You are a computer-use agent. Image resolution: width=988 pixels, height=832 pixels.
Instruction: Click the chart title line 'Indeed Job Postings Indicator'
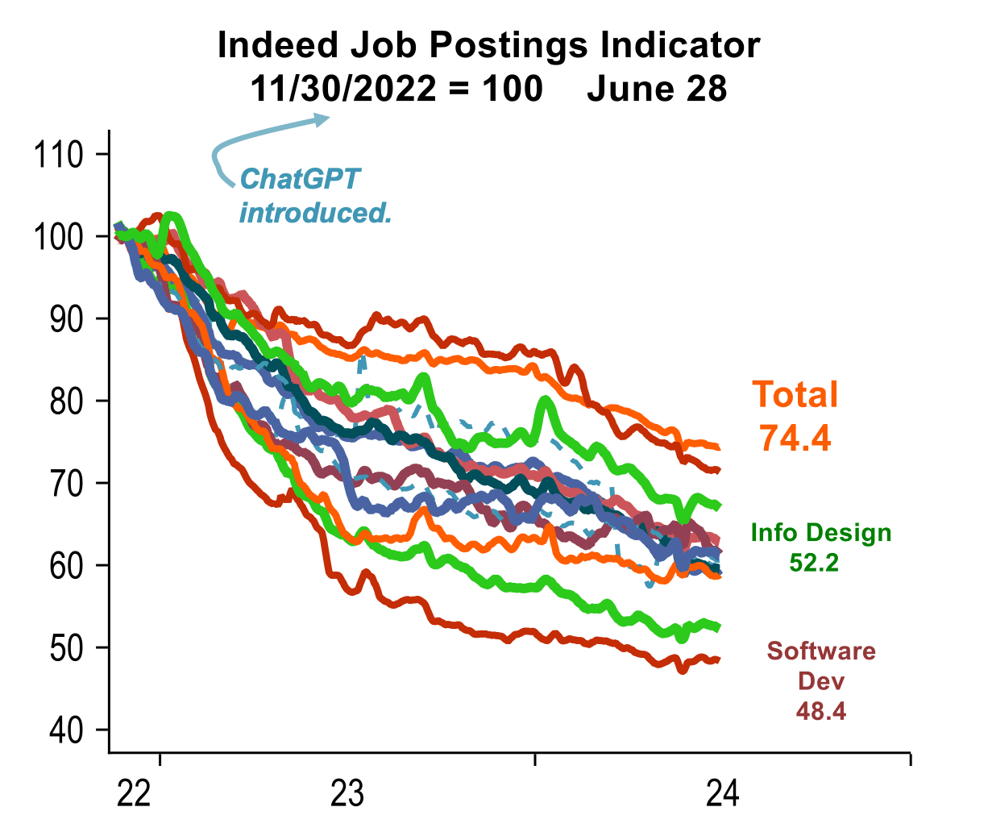[x=488, y=45]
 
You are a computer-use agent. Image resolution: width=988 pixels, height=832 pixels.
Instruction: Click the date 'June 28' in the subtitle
[x=656, y=89]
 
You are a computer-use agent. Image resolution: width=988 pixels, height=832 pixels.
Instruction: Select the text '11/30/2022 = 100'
[x=396, y=89]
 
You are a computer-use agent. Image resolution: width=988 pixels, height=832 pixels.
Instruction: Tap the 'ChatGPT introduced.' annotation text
[x=315, y=196]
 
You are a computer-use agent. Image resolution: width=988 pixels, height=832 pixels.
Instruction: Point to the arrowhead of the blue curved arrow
[x=323, y=119]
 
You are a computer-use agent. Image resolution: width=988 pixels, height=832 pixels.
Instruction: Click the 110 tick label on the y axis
[x=59, y=154]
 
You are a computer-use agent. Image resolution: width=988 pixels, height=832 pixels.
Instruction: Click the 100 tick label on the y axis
[x=59, y=237]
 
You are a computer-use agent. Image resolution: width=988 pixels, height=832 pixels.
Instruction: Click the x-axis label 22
[x=134, y=795]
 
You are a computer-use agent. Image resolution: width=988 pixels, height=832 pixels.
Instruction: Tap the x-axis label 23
[x=347, y=795]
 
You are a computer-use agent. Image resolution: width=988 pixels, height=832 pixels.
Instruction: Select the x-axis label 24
[x=722, y=795]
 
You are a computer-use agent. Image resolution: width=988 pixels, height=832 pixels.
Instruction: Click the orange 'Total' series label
[x=795, y=395]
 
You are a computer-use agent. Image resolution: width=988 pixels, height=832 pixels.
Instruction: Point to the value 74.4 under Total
[x=795, y=438]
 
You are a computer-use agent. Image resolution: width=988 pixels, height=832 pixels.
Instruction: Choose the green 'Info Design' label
[x=820, y=533]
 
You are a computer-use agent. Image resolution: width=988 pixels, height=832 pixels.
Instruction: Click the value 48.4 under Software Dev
[x=820, y=711]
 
